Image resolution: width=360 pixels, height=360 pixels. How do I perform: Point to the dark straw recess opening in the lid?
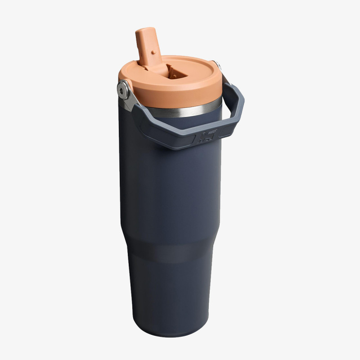[x=173, y=71]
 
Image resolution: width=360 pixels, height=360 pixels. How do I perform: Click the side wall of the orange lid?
[x=180, y=97]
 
